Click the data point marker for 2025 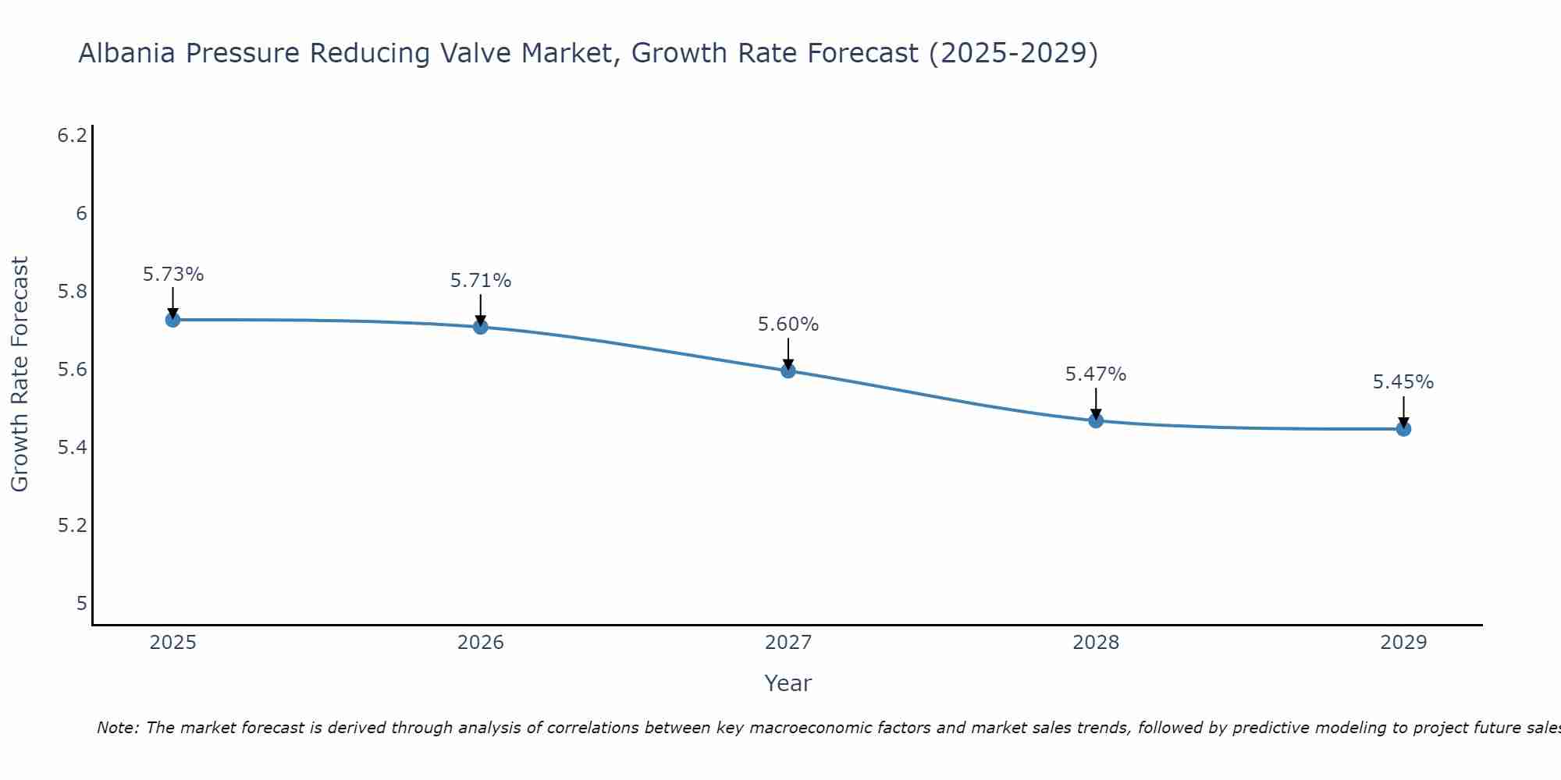[x=172, y=320]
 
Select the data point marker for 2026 [x=481, y=327]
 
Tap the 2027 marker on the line [x=788, y=370]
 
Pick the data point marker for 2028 [x=1096, y=421]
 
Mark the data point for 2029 [x=1403, y=429]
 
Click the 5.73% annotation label [x=172, y=275]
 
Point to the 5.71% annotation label [x=481, y=281]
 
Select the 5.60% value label [x=788, y=324]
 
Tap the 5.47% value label [x=1096, y=374]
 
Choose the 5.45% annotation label [x=1403, y=382]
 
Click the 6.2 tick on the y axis [x=73, y=136]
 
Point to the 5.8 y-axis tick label [x=73, y=292]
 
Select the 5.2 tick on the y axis [x=73, y=525]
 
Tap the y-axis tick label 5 [x=81, y=603]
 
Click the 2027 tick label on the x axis [x=788, y=643]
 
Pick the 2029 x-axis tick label [x=1403, y=643]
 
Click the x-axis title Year [x=788, y=683]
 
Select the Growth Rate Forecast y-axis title [x=20, y=374]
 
